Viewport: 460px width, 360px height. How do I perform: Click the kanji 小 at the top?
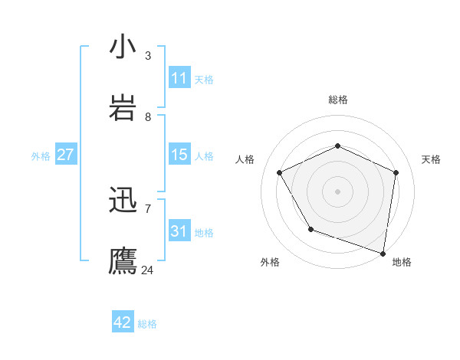pyautogui.click(x=123, y=47)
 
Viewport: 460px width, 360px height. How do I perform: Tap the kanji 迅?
pyautogui.click(x=123, y=201)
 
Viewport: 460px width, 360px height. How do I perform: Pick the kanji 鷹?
pyautogui.click(x=123, y=260)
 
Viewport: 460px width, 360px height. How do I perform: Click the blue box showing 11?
pyautogui.click(x=179, y=78)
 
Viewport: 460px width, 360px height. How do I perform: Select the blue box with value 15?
pyautogui.click(x=179, y=155)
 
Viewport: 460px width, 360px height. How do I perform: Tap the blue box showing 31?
pyautogui.click(x=179, y=231)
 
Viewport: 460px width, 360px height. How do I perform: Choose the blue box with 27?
pyautogui.click(x=65, y=155)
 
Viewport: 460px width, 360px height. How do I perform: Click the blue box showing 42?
pyautogui.click(x=123, y=322)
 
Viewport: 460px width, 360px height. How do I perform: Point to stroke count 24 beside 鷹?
pyautogui.click(x=148, y=270)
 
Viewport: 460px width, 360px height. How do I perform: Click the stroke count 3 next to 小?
pyautogui.click(x=148, y=56)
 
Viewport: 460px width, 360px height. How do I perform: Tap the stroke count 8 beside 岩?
pyautogui.click(x=148, y=117)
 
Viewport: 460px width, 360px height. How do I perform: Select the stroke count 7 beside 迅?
pyautogui.click(x=148, y=208)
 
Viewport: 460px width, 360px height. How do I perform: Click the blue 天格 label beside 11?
pyautogui.click(x=204, y=80)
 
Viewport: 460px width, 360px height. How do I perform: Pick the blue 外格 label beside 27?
pyautogui.click(x=41, y=156)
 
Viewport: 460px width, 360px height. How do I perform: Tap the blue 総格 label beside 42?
pyautogui.click(x=147, y=324)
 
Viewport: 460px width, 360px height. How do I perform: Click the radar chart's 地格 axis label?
pyautogui.click(x=402, y=262)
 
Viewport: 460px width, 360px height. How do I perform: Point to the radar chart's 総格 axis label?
pyautogui.click(x=337, y=100)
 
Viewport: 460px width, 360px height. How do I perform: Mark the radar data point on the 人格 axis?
pyautogui.click(x=280, y=172)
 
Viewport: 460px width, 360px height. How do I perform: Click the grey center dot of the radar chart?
pyautogui.click(x=337, y=191)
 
